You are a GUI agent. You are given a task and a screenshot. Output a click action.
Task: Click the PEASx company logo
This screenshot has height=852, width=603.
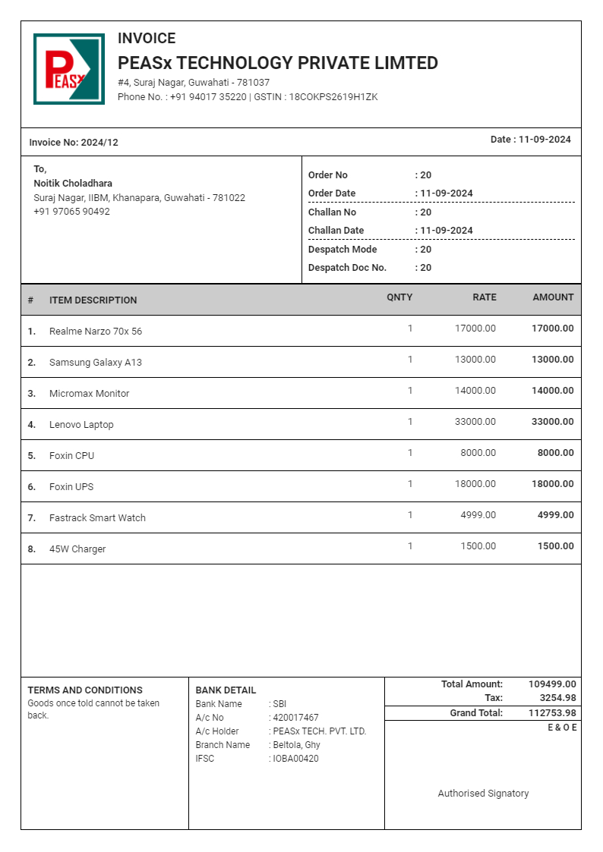click(x=69, y=69)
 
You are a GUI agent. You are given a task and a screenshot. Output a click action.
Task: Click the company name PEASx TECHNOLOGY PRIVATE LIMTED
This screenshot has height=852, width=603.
click(x=277, y=63)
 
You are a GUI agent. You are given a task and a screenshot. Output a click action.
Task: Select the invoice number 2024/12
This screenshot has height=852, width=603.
click(x=99, y=143)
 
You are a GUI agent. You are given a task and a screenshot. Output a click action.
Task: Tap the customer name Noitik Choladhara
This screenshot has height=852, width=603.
click(x=73, y=184)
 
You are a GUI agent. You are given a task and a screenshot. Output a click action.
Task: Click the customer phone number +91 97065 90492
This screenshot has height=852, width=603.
click(x=71, y=212)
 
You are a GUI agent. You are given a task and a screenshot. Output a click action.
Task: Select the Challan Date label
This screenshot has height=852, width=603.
click(x=336, y=231)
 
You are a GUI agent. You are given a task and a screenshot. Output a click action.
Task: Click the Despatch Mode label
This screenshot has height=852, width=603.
click(x=342, y=250)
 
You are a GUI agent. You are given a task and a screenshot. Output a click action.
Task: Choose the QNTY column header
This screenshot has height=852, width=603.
click(x=399, y=297)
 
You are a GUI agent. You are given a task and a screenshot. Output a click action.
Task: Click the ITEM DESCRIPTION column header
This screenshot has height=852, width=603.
click(x=93, y=300)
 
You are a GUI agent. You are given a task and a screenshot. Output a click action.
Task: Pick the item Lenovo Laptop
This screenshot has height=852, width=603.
click(x=81, y=425)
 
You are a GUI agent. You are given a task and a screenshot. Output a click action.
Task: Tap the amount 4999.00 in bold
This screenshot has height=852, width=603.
click(x=555, y=515)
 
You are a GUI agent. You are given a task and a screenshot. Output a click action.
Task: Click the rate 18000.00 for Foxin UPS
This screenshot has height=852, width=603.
click(x=475, y=484)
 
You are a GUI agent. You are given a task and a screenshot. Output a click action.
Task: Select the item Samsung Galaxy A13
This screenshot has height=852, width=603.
click(x=95, y=363)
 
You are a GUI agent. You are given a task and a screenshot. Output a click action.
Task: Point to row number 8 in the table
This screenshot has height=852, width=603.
click(x=32, y=549)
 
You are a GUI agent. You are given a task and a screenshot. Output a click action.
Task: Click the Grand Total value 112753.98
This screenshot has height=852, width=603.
click(x=552, y=713)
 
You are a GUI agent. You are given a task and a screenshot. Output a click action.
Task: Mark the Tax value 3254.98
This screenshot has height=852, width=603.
click(x=557, y=698)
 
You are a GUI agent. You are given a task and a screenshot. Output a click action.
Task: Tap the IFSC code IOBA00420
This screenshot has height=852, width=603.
click(x=295, y=759)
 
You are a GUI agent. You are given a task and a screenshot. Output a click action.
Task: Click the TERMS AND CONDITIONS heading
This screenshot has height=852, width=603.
click(x=85, y=690)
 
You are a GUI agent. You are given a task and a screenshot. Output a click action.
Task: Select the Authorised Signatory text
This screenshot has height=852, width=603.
click(x=483, y=794)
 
